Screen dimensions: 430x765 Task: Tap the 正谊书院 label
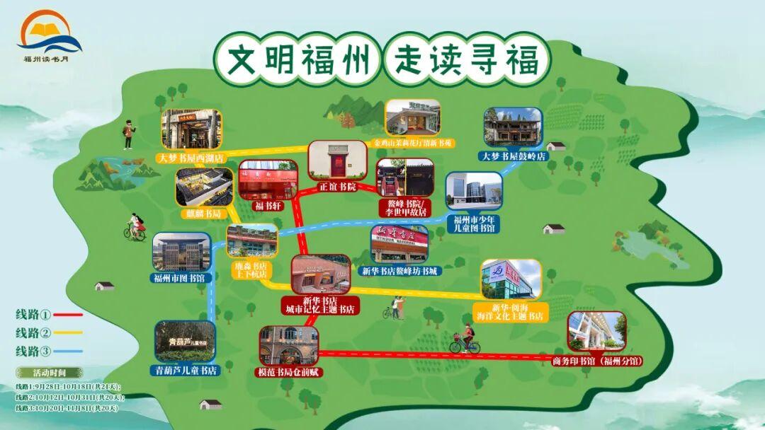[335, 187]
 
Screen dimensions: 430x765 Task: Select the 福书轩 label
[268, 207]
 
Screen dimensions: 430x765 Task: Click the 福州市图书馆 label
[178, 278]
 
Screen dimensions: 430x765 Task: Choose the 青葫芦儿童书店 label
[186, 370]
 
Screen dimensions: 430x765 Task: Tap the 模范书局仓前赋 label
[289, 371]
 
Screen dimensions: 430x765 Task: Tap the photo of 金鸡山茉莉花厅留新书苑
[412, 117]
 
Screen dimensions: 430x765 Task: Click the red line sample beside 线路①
[67, 315]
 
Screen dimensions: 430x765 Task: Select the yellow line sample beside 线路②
[67, 332]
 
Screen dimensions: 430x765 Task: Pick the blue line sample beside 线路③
[67, 351]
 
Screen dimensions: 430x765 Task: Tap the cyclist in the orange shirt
[465, 340]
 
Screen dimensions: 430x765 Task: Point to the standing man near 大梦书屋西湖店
[129, 134]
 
